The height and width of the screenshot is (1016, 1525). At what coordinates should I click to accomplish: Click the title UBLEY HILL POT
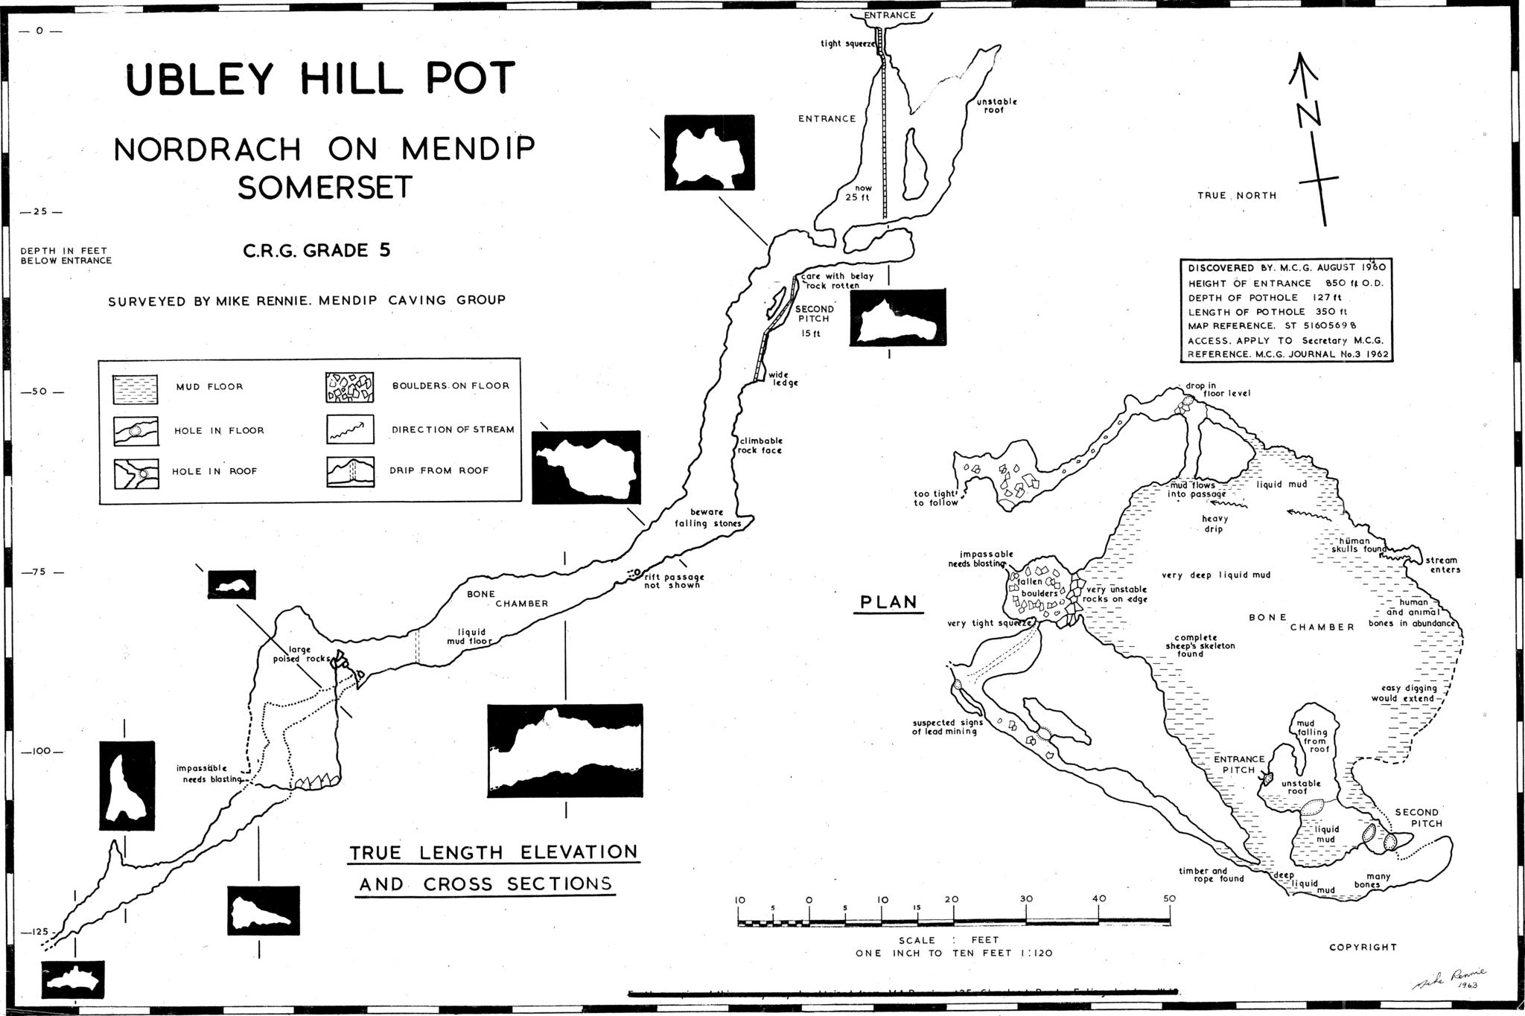pyautogui.click(x=321, y=80)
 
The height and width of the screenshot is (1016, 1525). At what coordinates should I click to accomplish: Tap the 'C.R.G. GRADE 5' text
pyautogui.click(x=316, y=251)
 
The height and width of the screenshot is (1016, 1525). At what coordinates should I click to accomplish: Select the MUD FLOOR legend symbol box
pyautogui.click(x=136, y=389)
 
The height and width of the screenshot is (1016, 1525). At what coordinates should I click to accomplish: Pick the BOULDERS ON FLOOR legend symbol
pyautogui.click(x=349, y=387)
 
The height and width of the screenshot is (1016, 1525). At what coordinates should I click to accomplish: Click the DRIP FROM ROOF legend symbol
pyautogui.click(x=349, y=471)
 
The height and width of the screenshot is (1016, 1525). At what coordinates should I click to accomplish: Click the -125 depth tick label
pyautogui.click(x=36, y=932)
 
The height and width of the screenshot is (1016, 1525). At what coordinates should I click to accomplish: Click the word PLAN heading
pyautogui.click(x=888, y=601)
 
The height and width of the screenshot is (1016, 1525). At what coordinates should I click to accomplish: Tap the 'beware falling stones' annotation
pyautogui.click(x=707, y=518)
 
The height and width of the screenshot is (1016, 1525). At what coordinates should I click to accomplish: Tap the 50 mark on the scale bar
pyautogui.click(x=1169, y=899)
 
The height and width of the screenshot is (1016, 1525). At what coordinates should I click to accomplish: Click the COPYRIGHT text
pyautogui.click(x=1363, y=948)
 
